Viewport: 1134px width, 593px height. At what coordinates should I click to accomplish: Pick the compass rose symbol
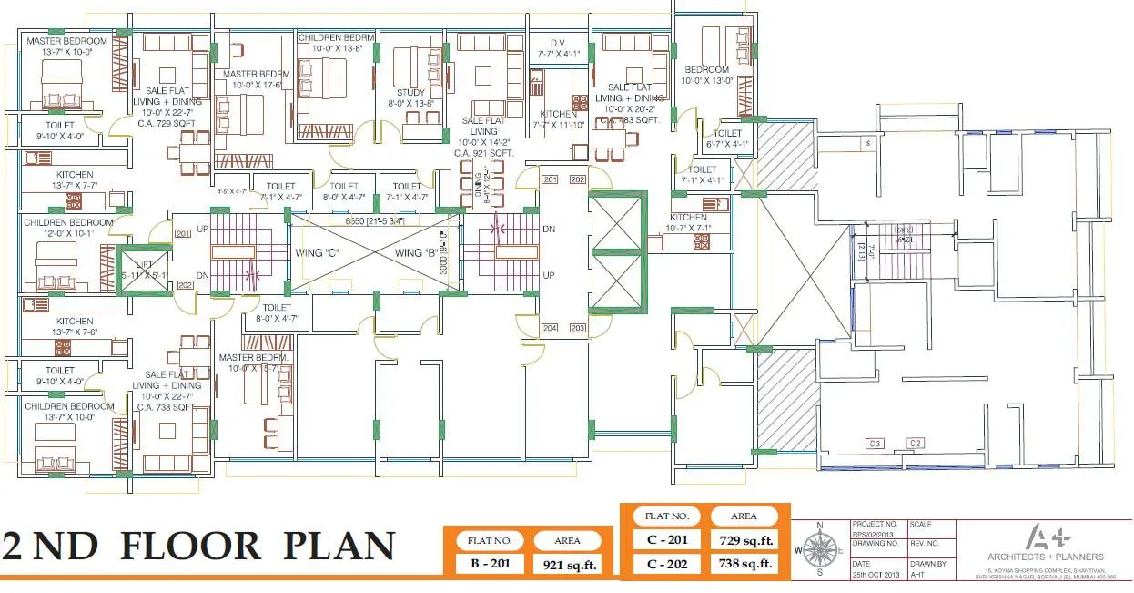click(x=821, y=549)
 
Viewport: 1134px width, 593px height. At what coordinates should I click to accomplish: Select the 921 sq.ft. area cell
click(x=567, y=565)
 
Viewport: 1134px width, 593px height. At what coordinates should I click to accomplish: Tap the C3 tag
click(x=876, y=444)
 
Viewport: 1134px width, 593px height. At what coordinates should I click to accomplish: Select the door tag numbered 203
click(x=577, y=327)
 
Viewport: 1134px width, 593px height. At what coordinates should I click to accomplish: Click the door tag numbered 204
click(x=550, y=327)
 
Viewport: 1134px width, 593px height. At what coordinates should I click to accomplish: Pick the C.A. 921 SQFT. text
click(x=483, y=153)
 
